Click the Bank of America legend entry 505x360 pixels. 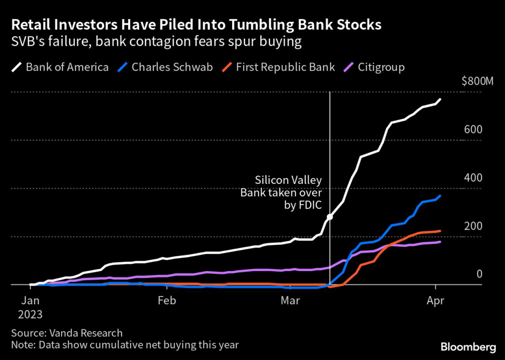[x=62, y=67]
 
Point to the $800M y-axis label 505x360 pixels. [x=477, y=81]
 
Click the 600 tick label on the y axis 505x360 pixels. [x=472, y=130]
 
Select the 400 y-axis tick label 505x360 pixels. [x=472, y=178]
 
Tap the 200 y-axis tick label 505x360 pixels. [x=472, y=226]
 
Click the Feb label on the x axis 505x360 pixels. [x=167, y=300]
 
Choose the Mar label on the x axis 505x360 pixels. [x=291, y=300]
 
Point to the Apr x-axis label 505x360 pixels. [x=435, y=300]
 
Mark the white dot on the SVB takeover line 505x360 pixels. [x=329, y=217]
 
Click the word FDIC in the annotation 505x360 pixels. [x=310, y=206]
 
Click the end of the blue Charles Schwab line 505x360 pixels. [x=439, y=196]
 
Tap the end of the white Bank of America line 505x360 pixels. [x=440, y=100]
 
